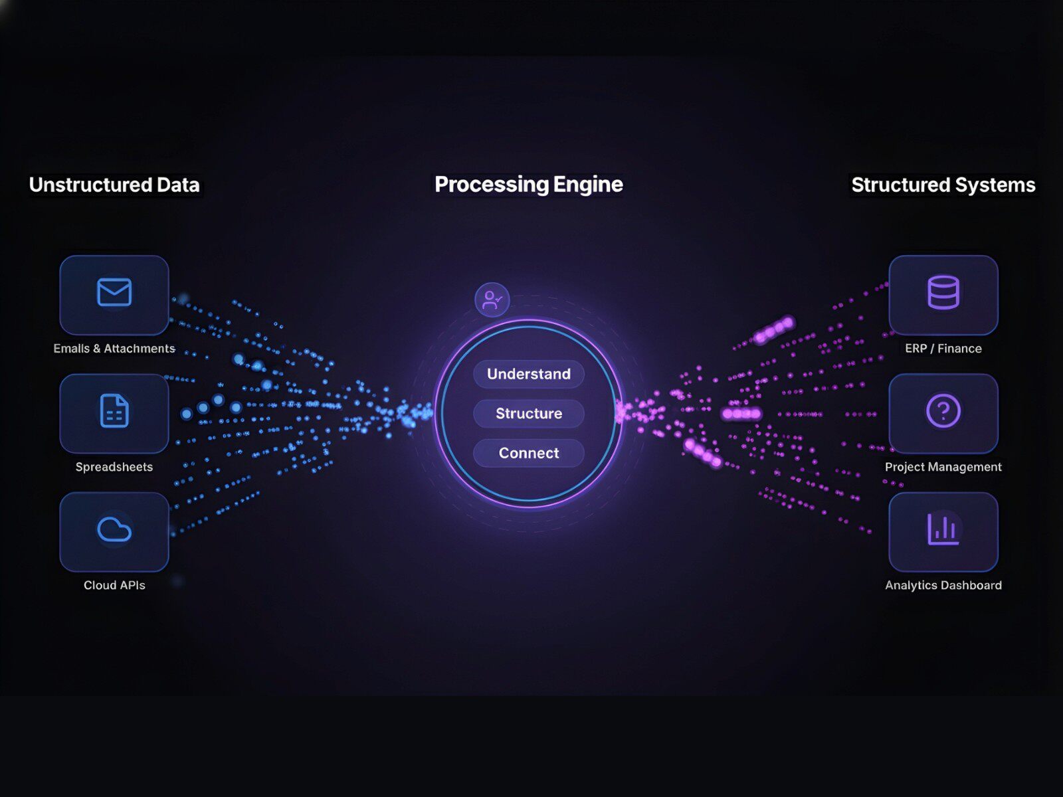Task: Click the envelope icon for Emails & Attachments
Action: [114, 292]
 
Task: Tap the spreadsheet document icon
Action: [114, 410]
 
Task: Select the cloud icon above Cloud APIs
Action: [114, 529]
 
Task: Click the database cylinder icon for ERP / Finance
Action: [943, 292]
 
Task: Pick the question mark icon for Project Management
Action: [943, 410]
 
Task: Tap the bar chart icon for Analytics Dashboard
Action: [943, 529]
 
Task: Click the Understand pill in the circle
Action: [529, 374]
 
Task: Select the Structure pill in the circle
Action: [529, 413]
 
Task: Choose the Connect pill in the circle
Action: [529, 453]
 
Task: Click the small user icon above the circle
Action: [492, 300]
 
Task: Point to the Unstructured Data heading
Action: [114, 185]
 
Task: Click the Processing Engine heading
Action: [529, 184]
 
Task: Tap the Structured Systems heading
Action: [943, 185]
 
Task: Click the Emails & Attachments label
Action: [114, 349]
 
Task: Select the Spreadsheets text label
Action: [114, 467]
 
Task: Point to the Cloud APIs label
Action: [114, 585]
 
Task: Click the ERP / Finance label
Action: [943, 349]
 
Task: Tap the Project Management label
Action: [943, 467]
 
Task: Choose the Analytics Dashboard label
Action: [943, 585]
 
